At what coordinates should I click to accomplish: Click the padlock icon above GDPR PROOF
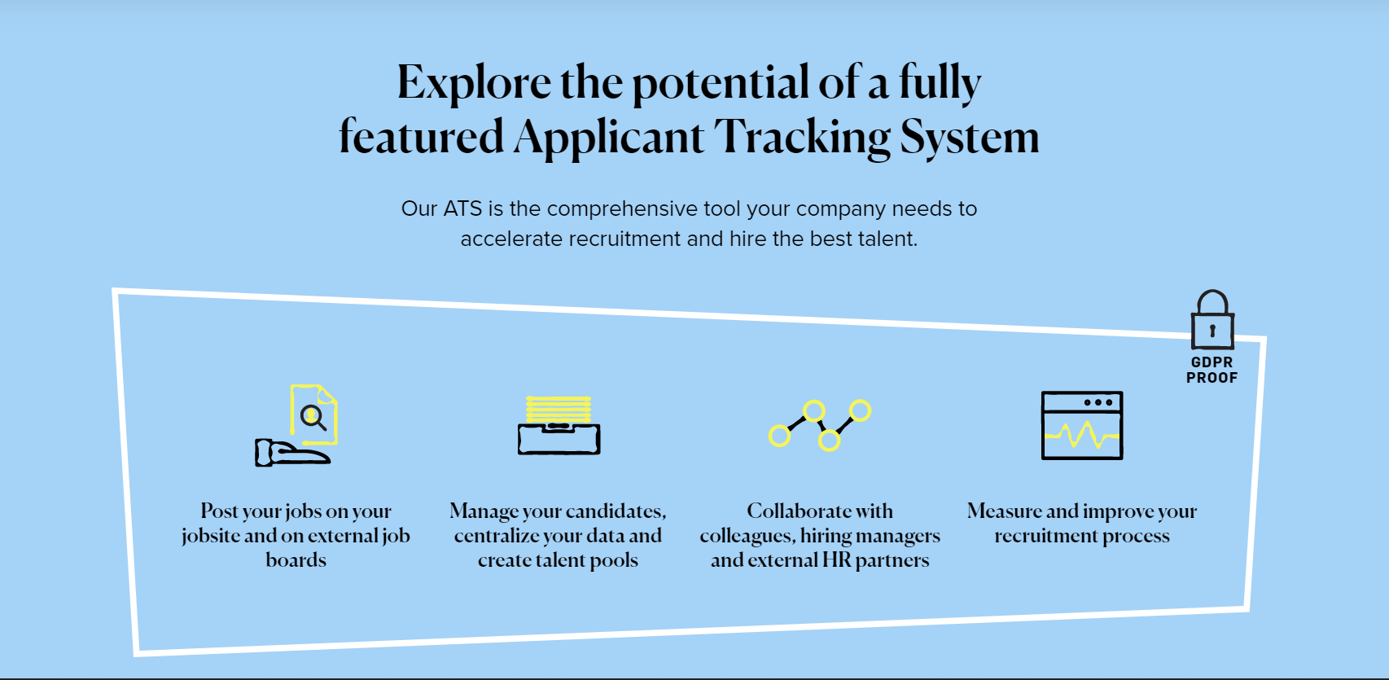pyautogui.click(x=1212, y=319)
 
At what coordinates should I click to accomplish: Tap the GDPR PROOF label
pyautogui.click(x=1212, y=371)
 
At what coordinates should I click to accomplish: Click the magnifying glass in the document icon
pyautogui.click(x=313, y=418)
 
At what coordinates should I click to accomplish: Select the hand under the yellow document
pyautogui.click(x=292, y=452)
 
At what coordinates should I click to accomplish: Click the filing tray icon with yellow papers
pyautogui.click(x=559, y=425)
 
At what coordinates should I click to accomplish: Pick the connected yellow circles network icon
pyautogui.click(x=820, y=425)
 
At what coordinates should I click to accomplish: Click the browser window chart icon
pyautogui.click(x=1082, y=426)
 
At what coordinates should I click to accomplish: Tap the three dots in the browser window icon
pyautogui.click(x=1098, y=402)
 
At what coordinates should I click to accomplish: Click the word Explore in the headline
pyautogui.click(x=475, y=82)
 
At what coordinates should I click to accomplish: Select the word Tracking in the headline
pyautogui.click(x=803, y=137)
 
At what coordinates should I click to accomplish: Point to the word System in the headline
pyautogui.click(x=970, y=137)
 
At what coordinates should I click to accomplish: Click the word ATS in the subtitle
pyautogui.click(x=462, y=208)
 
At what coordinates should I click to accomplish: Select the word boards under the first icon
pyautogui.click(x=296, y=559)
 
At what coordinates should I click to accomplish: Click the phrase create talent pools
pyautogui.click(x=558, y=559)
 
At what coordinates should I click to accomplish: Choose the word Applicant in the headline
pyautogui.click(x=608, y=138)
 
